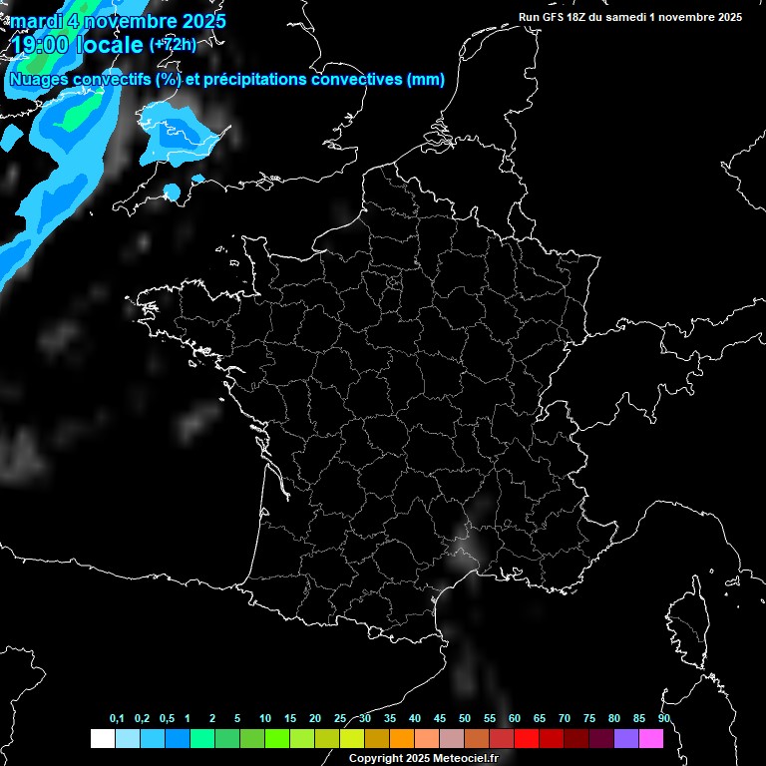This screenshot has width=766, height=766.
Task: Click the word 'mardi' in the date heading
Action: click(x=36, y=21)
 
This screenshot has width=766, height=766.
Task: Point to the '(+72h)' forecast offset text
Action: click(x=173, y=45)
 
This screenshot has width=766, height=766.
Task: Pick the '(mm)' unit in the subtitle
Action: click(x=426, y=80)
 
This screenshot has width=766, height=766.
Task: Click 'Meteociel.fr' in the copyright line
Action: click(x=463, y=759)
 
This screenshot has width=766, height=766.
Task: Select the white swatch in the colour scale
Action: click(x=102, y=739)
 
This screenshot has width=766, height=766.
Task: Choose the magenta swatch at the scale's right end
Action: click(x=651, y=739)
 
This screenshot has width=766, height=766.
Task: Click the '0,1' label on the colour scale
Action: click(x=117, y=719)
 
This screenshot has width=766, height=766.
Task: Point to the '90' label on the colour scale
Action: click(x=664, y=719)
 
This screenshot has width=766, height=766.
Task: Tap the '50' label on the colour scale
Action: click(x=465, y=719)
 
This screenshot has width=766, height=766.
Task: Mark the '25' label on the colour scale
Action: click(x=340, y=719)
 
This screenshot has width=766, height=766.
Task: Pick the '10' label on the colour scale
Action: click(x=265, y=719)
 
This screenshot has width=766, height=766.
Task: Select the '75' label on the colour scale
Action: click(x=589, y=719)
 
